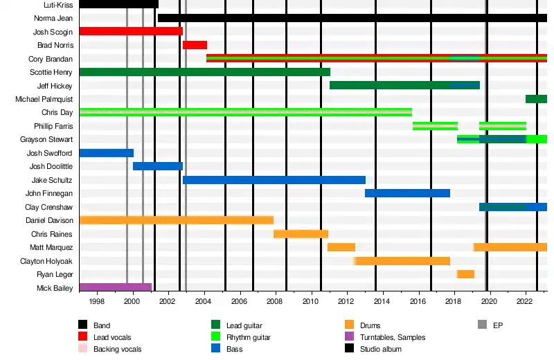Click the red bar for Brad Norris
(195, 45)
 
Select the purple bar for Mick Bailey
(115, 287)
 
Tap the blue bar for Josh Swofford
(106, 153)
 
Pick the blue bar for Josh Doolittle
(157, 166)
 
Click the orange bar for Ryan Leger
(465, 274)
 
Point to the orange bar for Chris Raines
(301, 234)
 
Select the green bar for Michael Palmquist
(536, 99)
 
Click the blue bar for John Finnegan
(407, 193)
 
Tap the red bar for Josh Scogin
(131, 31)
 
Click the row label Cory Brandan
(51, 59)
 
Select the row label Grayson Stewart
(46, 139)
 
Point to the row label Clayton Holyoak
(46, 261)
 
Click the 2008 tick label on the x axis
(275, 302)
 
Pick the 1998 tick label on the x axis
(97, 302)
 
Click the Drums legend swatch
(349, 325)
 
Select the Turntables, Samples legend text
(393, 337)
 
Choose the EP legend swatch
(483, 325)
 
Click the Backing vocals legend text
(117, 349)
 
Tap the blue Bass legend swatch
(216, 349)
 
